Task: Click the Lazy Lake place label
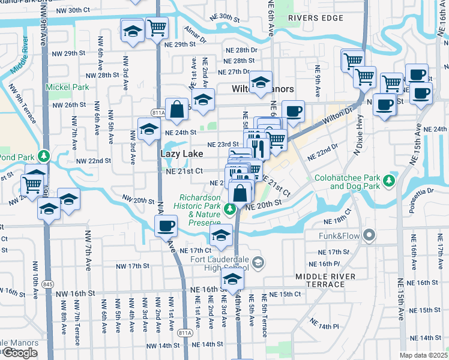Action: (181, 154)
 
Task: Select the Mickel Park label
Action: (68, 87)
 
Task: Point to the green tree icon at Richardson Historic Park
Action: (229, 209)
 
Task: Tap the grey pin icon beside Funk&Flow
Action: (369, 235)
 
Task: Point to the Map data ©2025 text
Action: (424, 355)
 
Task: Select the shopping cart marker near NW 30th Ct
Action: (157, 26)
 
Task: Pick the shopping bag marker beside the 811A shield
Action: (177, 109)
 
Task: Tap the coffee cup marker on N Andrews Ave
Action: (166, 226)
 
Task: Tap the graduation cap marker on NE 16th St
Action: (232, 278)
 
